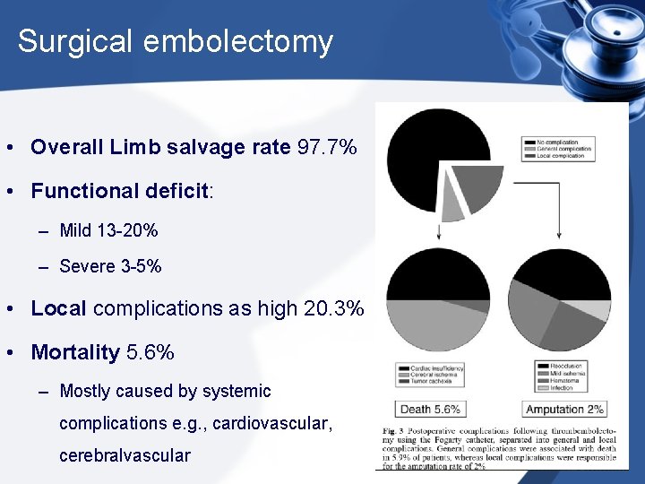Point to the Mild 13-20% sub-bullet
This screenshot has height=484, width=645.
click(108, 230)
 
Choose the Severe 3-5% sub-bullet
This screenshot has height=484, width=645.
click(110, 266)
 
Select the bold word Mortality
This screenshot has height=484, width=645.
click(75, 352)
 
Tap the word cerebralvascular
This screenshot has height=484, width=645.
click(125, 455)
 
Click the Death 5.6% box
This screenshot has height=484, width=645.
click(431, 410)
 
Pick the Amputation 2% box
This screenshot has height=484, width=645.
click(565, 410)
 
